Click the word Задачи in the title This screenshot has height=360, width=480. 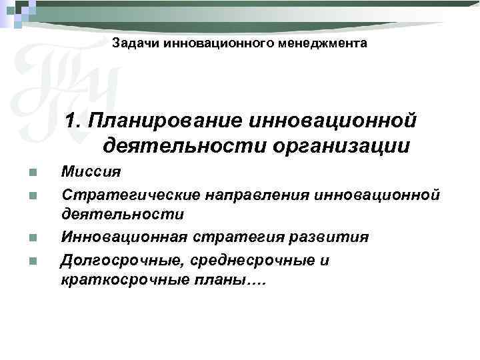click(132, 43)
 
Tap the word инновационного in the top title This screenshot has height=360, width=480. click(220, 43)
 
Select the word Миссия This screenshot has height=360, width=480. click(91, 172)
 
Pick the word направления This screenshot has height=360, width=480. click(248, 194)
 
